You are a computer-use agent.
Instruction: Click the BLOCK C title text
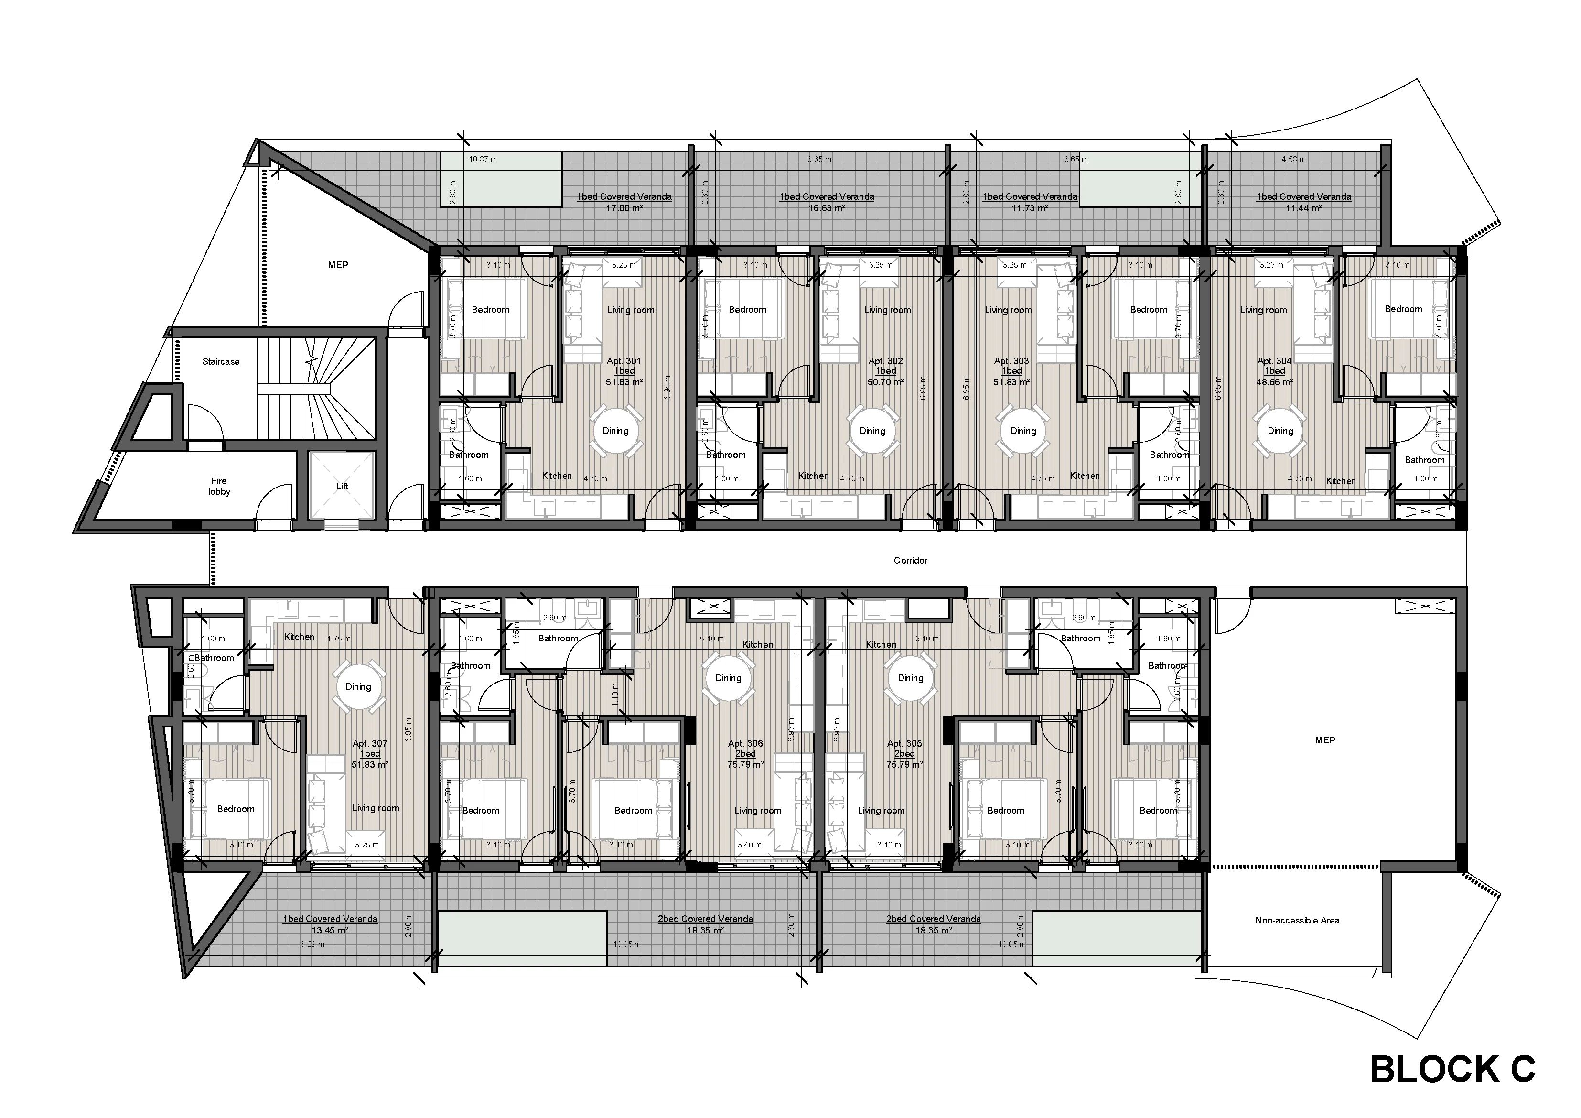click(1453, 1069)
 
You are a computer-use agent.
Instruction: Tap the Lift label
click(342, 486)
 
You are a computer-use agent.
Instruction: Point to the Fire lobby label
click(219, 486)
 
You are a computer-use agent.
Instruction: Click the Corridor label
click(910, 561)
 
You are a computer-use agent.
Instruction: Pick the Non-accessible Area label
click(1297, 920)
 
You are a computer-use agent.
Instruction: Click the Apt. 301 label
click(624, 361)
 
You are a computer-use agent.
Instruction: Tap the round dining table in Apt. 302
click(872, 431)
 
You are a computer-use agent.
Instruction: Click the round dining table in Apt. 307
click(358, 687)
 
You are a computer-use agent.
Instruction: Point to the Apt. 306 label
click(745, 744)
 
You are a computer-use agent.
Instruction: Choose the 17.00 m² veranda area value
click(624, 207)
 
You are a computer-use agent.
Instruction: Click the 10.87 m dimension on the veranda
click(483, 159)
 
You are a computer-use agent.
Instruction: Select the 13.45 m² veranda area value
click(330, 930)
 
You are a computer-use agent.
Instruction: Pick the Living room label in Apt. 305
click(881, 811)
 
